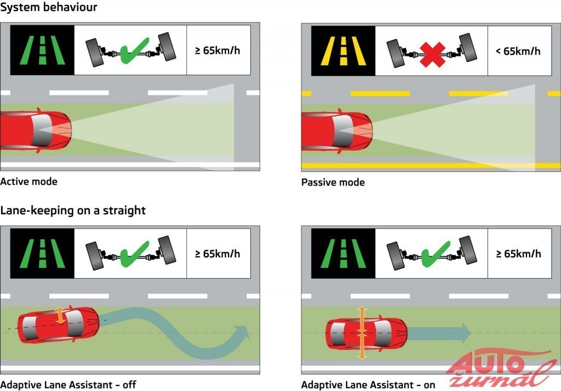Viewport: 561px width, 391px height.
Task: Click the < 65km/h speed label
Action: [x=518, y=51]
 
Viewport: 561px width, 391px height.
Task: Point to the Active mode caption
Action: [x=28, y=181]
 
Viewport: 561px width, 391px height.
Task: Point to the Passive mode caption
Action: [x=333, y=182]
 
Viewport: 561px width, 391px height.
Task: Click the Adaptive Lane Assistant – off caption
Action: [x=68, y=385]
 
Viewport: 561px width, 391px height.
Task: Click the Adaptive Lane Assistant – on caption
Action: [x=368, y=385]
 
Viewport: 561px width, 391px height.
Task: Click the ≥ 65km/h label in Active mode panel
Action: [x=218, y=51]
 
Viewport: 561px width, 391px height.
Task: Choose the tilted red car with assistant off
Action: [x=58, y=326]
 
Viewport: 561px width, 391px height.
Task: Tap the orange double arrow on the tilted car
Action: [x=61, y=317]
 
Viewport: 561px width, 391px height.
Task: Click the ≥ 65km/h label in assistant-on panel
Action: [x=518, y=254]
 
